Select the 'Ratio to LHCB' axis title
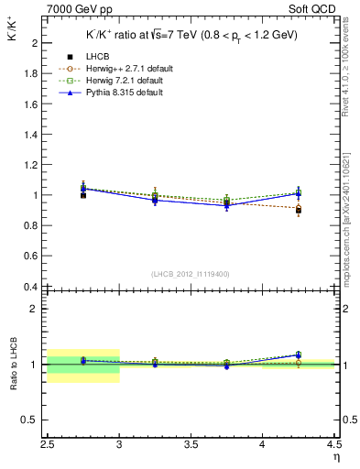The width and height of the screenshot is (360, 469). (12, 365)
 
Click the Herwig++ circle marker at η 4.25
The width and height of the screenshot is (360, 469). (298, 209)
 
